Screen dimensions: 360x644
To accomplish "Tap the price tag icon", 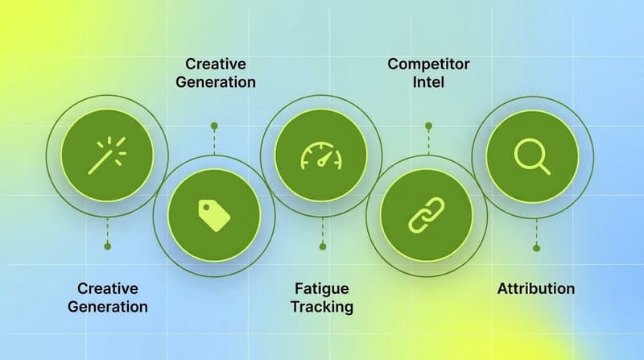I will pyautogui.click(x=213, y=213).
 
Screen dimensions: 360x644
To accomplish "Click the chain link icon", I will pyautogui.click(x=427, y=215).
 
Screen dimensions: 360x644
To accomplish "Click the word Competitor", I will pyautogui.click(x=427, y=63).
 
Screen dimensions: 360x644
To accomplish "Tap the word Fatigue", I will pyautogui.click(x=322, y=288).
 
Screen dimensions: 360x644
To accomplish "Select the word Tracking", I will pyautogui.click(x=322, y=307).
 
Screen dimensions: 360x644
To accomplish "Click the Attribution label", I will pyautogui.click(x=536, y=288).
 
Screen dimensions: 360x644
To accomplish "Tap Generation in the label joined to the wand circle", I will pyautogui.click(x=108, y=307).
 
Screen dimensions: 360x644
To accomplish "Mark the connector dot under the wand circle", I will pyautogui.click(x=107, y=246).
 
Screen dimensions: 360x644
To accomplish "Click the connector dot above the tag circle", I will pyautogui.click(x=213, y=126).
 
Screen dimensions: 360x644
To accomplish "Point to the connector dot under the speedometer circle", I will pyautogui.click(x=322, y=246).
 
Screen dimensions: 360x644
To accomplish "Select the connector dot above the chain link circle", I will pyautogui.click(x=428, y=126).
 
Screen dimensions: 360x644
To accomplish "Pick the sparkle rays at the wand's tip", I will pyautogui.click(x=118, y=144).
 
